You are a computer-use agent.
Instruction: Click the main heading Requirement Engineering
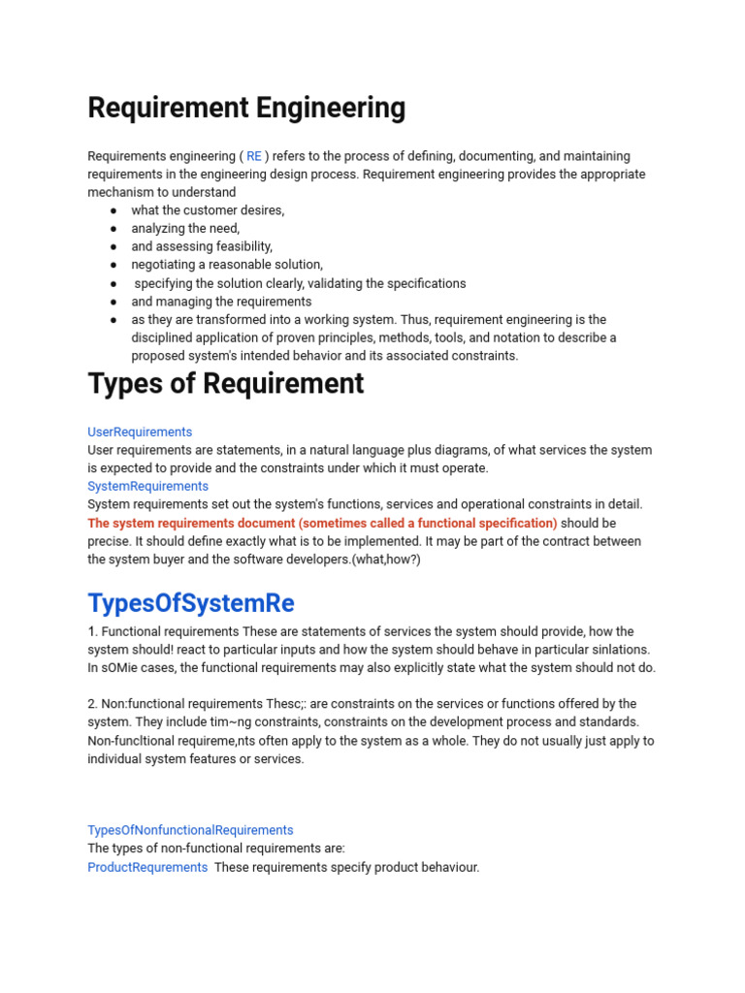pos(246,108)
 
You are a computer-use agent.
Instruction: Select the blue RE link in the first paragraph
pos(254,156)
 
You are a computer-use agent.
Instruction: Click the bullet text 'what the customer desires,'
pos(208,210)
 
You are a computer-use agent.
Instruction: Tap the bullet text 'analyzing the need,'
pos(185,229)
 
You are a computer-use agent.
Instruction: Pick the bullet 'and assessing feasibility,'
pos(202,246)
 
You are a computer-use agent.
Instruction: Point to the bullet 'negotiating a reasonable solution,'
pos(227,265)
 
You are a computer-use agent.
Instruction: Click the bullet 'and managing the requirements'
pos(221,302)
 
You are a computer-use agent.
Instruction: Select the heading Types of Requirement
pos(226,384)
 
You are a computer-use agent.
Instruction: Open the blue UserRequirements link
pos(140,432)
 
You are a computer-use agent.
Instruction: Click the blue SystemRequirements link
pos(147,486)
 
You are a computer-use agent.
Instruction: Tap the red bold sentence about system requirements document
pos(322,523)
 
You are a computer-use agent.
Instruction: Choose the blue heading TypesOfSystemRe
pos(191,603)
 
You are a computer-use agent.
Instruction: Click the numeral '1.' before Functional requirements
pos(93,631)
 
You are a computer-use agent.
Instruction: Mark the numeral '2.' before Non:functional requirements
pos(93,704)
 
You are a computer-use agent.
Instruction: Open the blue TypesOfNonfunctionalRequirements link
pos(190,830)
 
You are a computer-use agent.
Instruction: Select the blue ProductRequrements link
pos(147,867)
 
